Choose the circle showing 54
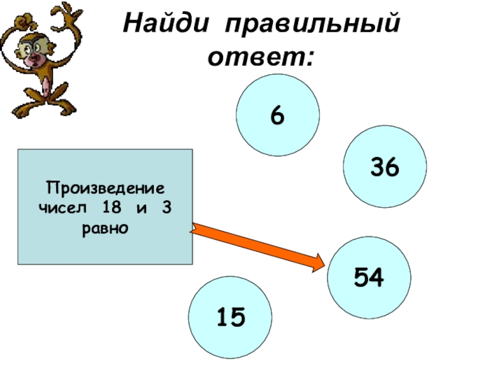coord(370,277)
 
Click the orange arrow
coord(258,248)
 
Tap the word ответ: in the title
coord(261,57)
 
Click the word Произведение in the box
coord(105,188)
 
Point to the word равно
coord(105,227)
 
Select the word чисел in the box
coord(61,208)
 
